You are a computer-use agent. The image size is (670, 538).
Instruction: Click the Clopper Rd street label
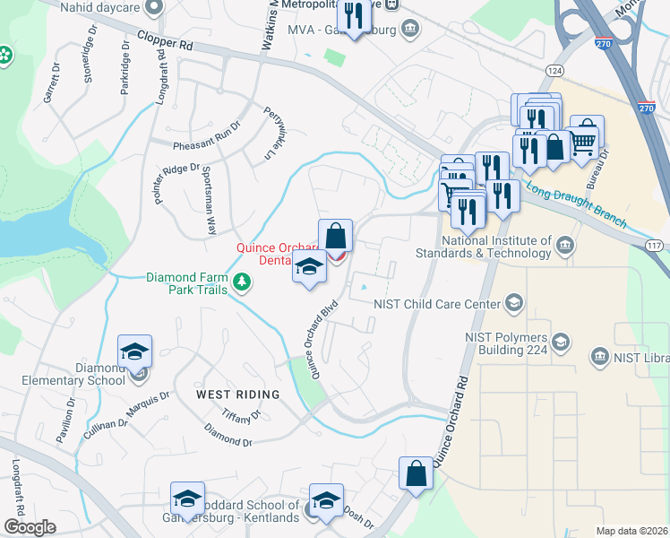[165, 41]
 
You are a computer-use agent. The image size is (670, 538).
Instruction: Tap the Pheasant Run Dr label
[208, 134]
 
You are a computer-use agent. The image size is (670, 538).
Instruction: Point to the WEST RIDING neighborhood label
[238, 395]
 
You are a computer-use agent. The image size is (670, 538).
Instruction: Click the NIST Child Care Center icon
[513, 303]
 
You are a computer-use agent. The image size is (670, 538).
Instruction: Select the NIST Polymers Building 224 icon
[561, 342]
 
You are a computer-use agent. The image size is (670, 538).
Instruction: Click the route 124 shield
[555, 70]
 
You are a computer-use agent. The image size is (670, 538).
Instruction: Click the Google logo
[30, 527]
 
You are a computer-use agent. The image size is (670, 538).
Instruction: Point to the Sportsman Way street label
[209, 201]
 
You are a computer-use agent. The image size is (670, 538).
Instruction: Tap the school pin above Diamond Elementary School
[134, 351]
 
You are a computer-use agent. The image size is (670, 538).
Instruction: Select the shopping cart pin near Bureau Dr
[584, 139]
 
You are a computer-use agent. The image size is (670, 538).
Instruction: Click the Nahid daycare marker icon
[154, 7]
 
